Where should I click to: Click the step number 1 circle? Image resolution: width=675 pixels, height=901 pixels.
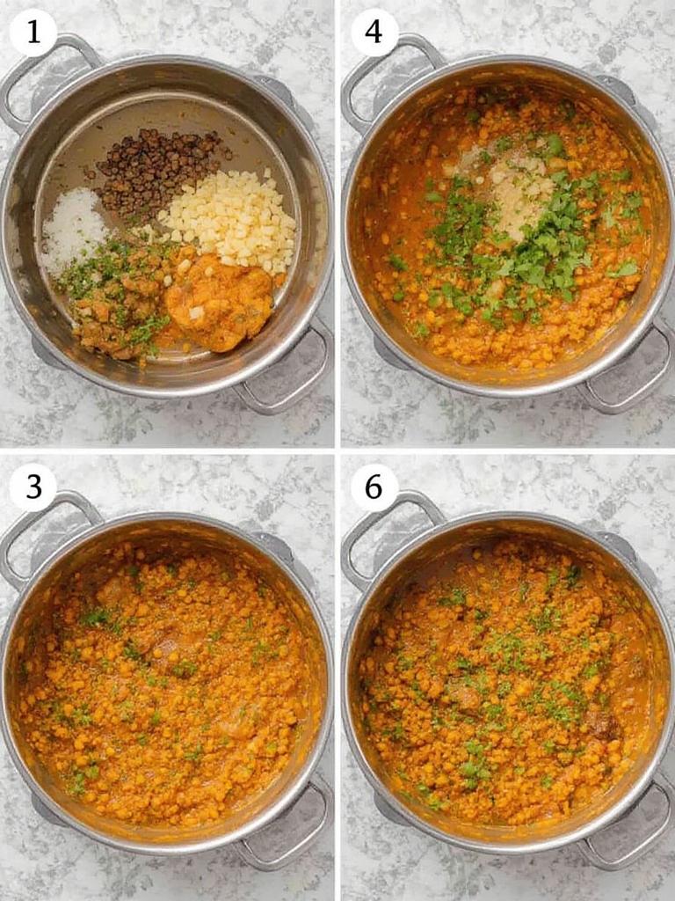point(33,33)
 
